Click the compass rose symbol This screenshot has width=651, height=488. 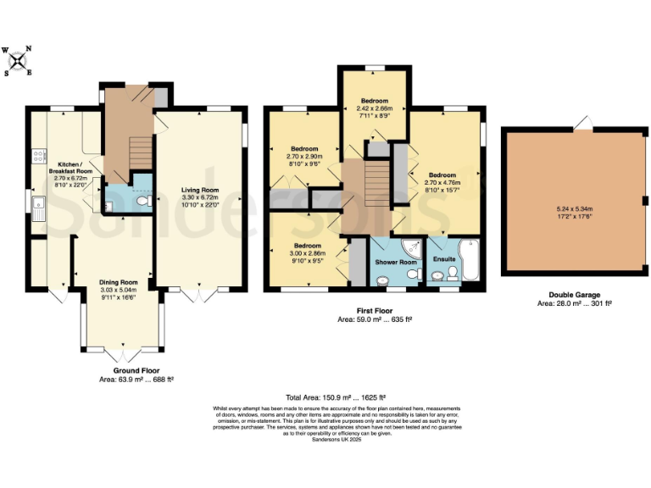17,61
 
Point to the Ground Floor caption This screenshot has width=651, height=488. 137,370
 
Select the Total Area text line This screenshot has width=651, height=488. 337,397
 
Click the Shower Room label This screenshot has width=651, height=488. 396,263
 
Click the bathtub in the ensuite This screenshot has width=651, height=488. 471,261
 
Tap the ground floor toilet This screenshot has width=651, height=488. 143,202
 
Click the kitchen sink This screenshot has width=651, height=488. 39,206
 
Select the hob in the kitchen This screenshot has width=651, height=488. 37,156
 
